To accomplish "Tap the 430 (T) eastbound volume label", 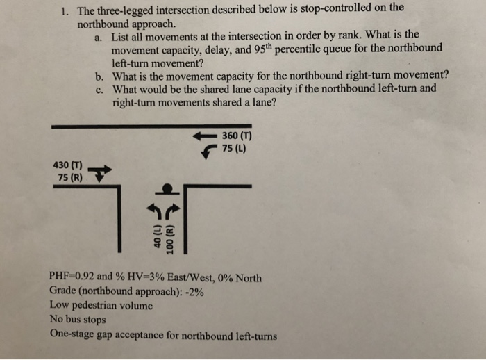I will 67,165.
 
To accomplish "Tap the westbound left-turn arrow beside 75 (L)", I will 208,150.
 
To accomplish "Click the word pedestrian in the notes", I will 99,306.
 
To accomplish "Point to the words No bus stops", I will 78,320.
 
